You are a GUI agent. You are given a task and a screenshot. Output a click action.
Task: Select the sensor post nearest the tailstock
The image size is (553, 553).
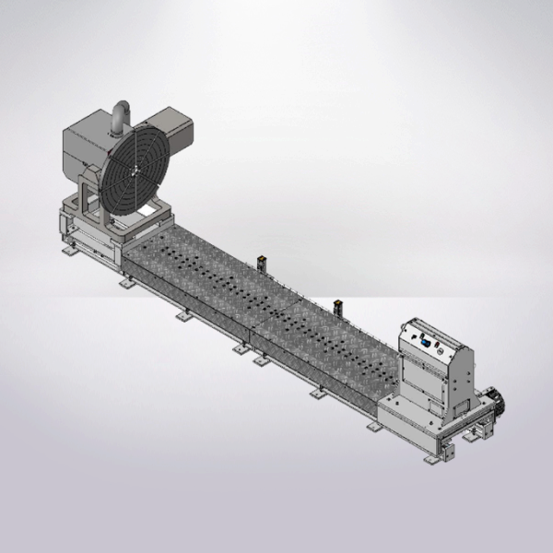336,305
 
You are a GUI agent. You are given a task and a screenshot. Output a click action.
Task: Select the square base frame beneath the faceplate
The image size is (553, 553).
138,226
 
